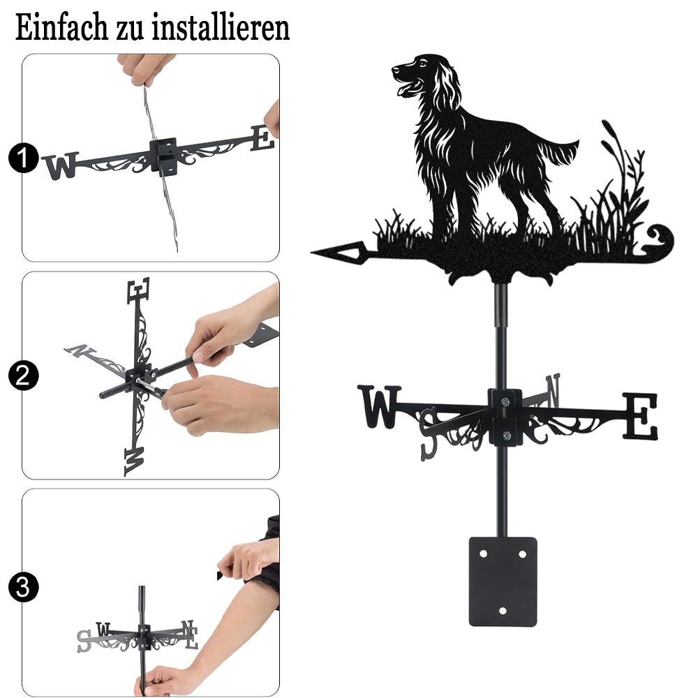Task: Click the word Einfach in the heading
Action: pyautogui.click(x=61, y=27)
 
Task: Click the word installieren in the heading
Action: pyautogui.click(x=221, y=27)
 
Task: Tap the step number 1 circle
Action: pyautogui.click(x=23, y=158)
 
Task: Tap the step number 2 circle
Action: pyautogui.click(x=23, y=376)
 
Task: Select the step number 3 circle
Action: pyautogui.click(x=23, y=587)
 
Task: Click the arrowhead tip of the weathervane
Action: pyautogui.click(x=311, y=253)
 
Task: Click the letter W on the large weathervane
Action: pyautogui.click(x=380, y=406)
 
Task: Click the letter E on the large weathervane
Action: pyautogui.click(x=639, y=416)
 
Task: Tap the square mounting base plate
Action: pyautogui.click(x=503, y=581)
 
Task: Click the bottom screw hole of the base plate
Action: pyautogui.click(x=503, y=611)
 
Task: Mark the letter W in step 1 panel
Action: pyautogui.click(x=61, y=165)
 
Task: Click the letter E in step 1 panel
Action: pyautogui.click(x=262, y=138)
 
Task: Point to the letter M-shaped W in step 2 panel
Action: pyautogui.click(x=135, y=461)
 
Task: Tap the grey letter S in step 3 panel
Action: pyautogui.click(x=84, y=641)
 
